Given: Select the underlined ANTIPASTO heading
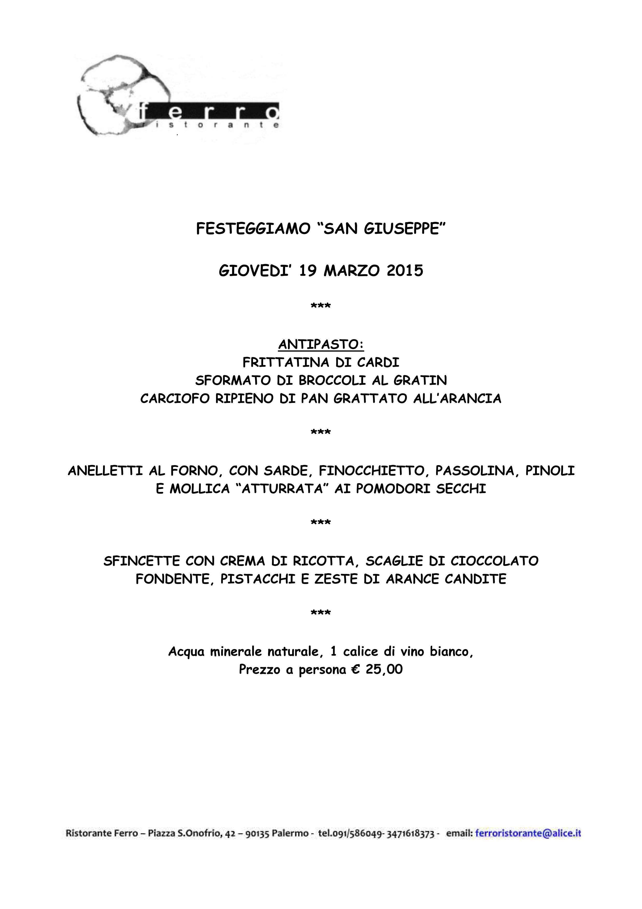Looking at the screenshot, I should [x=321, y=344].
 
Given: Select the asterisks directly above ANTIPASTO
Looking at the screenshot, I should [x=321, y=306].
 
